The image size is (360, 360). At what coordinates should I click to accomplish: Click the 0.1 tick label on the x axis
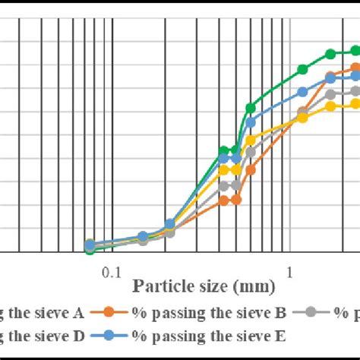pos(112,271)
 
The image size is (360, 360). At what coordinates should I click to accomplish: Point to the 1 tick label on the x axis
pos(289,271)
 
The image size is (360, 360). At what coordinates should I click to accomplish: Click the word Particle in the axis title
pos(158,286)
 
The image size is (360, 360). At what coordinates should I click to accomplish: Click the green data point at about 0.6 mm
pos(251,108)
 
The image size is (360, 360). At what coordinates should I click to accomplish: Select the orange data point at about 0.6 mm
pos(251,170)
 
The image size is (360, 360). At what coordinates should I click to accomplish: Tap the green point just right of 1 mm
pos(302,69)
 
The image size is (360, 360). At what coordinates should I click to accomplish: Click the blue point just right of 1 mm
pos(302,92)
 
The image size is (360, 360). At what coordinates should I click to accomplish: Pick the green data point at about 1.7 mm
pos(330,54)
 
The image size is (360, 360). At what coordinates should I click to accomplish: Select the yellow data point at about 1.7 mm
pos(330,106)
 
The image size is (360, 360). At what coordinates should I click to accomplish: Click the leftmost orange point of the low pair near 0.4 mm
pos(223,201)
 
